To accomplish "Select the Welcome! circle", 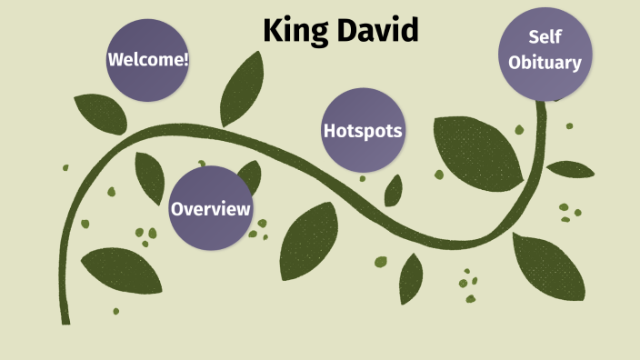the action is pos(148,60).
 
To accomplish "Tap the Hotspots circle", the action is pos(363,131).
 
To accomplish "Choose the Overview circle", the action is pos(211,209).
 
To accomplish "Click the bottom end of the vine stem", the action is pos(65,319).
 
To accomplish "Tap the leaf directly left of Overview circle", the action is pos(149,176).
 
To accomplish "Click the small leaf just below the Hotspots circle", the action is pos(394,190).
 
